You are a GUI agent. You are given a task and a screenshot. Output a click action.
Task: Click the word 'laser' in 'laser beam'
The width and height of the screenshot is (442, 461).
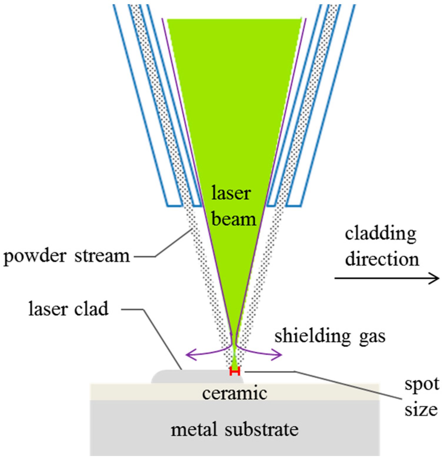pos(231,193)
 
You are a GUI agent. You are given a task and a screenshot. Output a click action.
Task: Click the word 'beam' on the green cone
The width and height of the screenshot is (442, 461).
pos(233,219)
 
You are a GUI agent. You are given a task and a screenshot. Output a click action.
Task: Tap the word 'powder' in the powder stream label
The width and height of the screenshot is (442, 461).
pos(35,257)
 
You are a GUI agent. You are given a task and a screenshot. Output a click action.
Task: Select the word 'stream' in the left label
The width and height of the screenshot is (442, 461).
pos(102,256)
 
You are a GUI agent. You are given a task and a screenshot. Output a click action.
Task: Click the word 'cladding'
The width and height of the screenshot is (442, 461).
pos(381,234)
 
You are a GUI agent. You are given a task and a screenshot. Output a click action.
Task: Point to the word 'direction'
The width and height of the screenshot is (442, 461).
pos(382,259)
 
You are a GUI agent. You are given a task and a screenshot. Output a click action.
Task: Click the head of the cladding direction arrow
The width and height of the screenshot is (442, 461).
pos(435,278)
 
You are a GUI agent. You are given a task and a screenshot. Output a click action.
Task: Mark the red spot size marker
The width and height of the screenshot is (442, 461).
pos(235,371)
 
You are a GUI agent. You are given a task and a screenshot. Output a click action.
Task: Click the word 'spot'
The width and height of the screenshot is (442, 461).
pos(422,385)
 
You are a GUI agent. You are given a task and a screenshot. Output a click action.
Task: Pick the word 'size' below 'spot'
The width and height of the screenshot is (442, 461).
pos(421,410)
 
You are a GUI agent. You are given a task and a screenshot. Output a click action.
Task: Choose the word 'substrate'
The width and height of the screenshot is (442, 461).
pos(262,429)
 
